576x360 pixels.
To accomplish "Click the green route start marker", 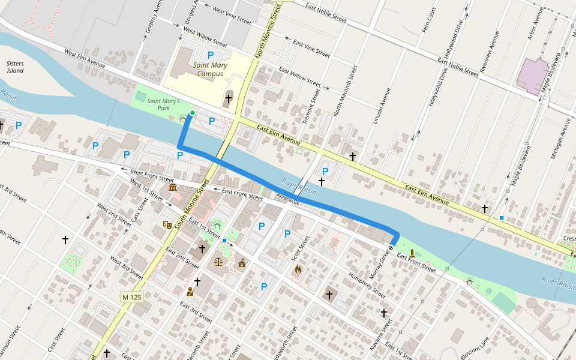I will click(x=193, y=113).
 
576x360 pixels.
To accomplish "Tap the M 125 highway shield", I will click(x=131, y=297).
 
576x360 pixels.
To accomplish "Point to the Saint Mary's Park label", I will click(x=163, y=105).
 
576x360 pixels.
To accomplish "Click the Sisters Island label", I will click(x=15, y=67).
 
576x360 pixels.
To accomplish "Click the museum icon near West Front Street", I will click(x=173, y=188).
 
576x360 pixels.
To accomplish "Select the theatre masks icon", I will click(x=167, y=224).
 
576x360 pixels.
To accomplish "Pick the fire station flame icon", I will click(x=298, y=269).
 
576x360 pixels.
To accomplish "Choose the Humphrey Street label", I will click(x=367, y=284).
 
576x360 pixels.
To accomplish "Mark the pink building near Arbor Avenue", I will click(x=533, y=76).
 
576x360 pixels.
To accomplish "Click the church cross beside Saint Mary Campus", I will click(x=228, y=98).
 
